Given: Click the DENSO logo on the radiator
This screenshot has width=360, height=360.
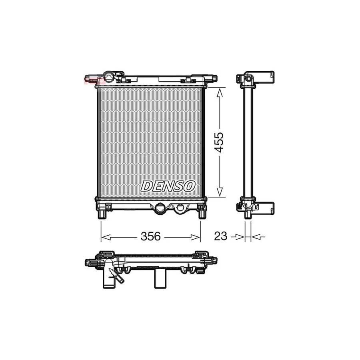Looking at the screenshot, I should click(168, 186).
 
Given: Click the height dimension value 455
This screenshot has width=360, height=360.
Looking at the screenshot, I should click(219, 142).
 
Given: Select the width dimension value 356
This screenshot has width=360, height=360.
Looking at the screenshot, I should click(150, 237).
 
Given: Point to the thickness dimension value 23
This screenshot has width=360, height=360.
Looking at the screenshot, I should click(220, 237).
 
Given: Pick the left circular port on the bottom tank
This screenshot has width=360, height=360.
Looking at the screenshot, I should click(160, 208).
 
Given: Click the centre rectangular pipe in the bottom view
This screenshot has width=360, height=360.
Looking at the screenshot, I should click(160, 278).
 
